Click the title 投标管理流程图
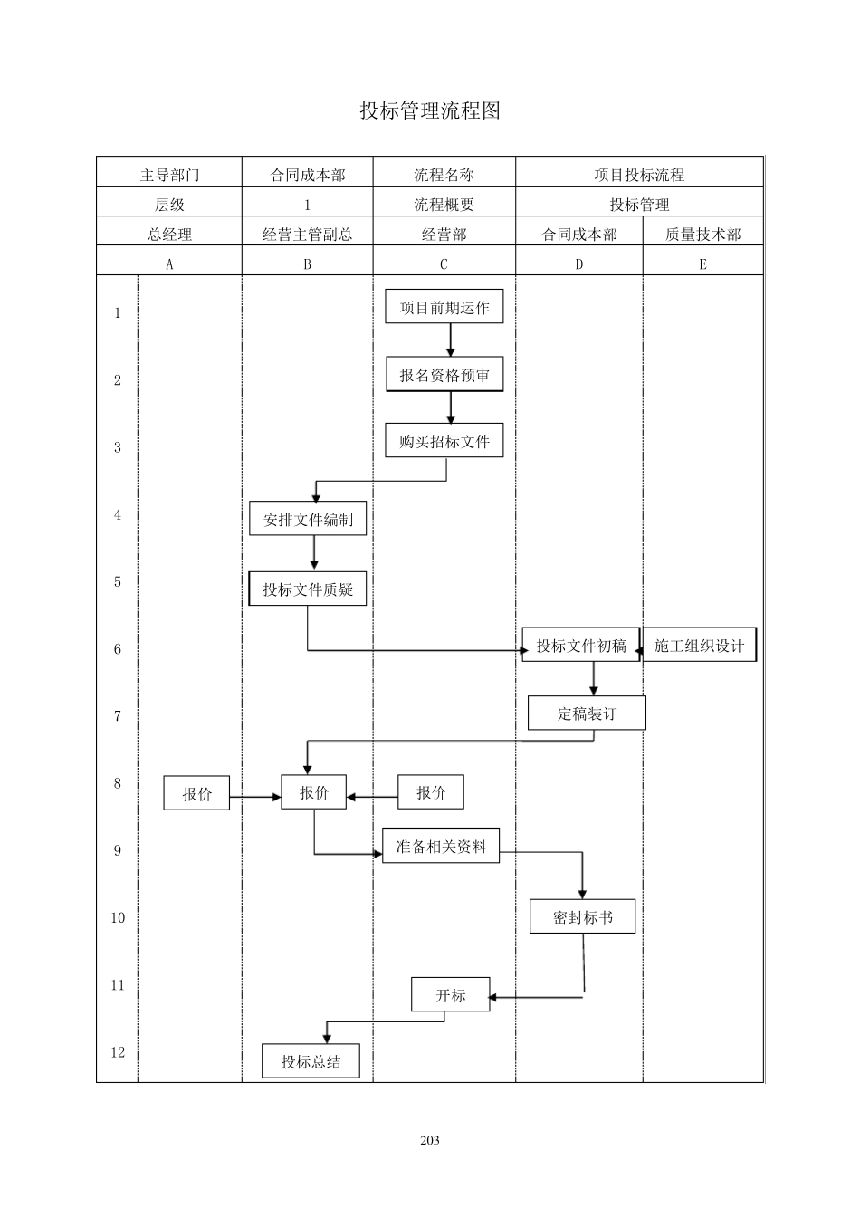pyautogui.click(x=430, y=110)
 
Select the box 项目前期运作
pyautogui.click(x=444, y=308)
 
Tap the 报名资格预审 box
pyautogui.click(x=444, y=375)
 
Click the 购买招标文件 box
pyautogui.click(x=444, y=441)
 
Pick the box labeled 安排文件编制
pyautogui.click(x=308, y=520)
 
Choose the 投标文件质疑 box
pyautogui.click(x=308, y=589)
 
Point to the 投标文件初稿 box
pyautogui.click(x=580, y=646)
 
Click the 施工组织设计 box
pyautogui.click(x=699, y=646)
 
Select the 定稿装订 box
pyautogui.click(x=587, y=714)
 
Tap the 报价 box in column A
pyautogui.click(x=196, y=793)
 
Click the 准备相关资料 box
pyautogui.click(x=441, y=847)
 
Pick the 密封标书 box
pyautogui.click(x=582, y=917)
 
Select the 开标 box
pyautogui.click(x=450, y=995)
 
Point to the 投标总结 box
pyautogui.click(x=311, y=1061)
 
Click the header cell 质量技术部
pyautogui.click(x=702, y=234)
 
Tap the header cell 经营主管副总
pyautogui.click(x=307, y=234)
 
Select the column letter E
pyautogui.click(x=702, y=264)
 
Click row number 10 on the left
pyautogui.click(x=118, y=917)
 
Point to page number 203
pyautogui.click(x=430, y=1140)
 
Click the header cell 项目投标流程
pyautogui.click(x=639, y=175)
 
